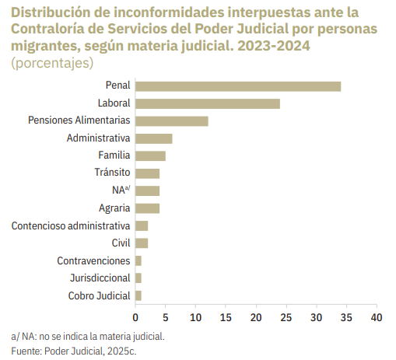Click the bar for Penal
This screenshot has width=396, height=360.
tap(238, 86)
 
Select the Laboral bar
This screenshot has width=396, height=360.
tap(208, 103)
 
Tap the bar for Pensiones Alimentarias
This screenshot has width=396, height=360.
tap(172, 121)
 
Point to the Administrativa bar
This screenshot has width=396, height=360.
tap(154, 138)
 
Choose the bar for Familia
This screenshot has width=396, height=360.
tap(150, 156)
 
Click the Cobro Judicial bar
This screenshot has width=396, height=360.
tap(138, 295)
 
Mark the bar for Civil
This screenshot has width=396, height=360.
tap(142, 243)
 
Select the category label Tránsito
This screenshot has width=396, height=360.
tap(112, 173)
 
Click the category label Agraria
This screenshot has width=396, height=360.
tap(114, 208)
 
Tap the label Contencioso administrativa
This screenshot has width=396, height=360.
tap(71, 225)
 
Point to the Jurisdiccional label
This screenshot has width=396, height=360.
tap(100, 278)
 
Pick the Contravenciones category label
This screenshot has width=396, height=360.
tap(93, 260)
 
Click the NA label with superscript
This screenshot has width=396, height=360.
tap(121, 190)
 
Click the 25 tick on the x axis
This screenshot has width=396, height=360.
tap(286, 317)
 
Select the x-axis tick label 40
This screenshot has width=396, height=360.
tap(377, 317)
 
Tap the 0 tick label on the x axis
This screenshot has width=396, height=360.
tap(135, 317)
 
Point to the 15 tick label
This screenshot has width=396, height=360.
tap(226, 317)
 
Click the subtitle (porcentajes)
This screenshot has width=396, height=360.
tap(52, 63)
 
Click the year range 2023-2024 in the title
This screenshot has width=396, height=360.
tap(274, 46)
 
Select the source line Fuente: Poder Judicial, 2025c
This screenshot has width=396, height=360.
tap(74, 351)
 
